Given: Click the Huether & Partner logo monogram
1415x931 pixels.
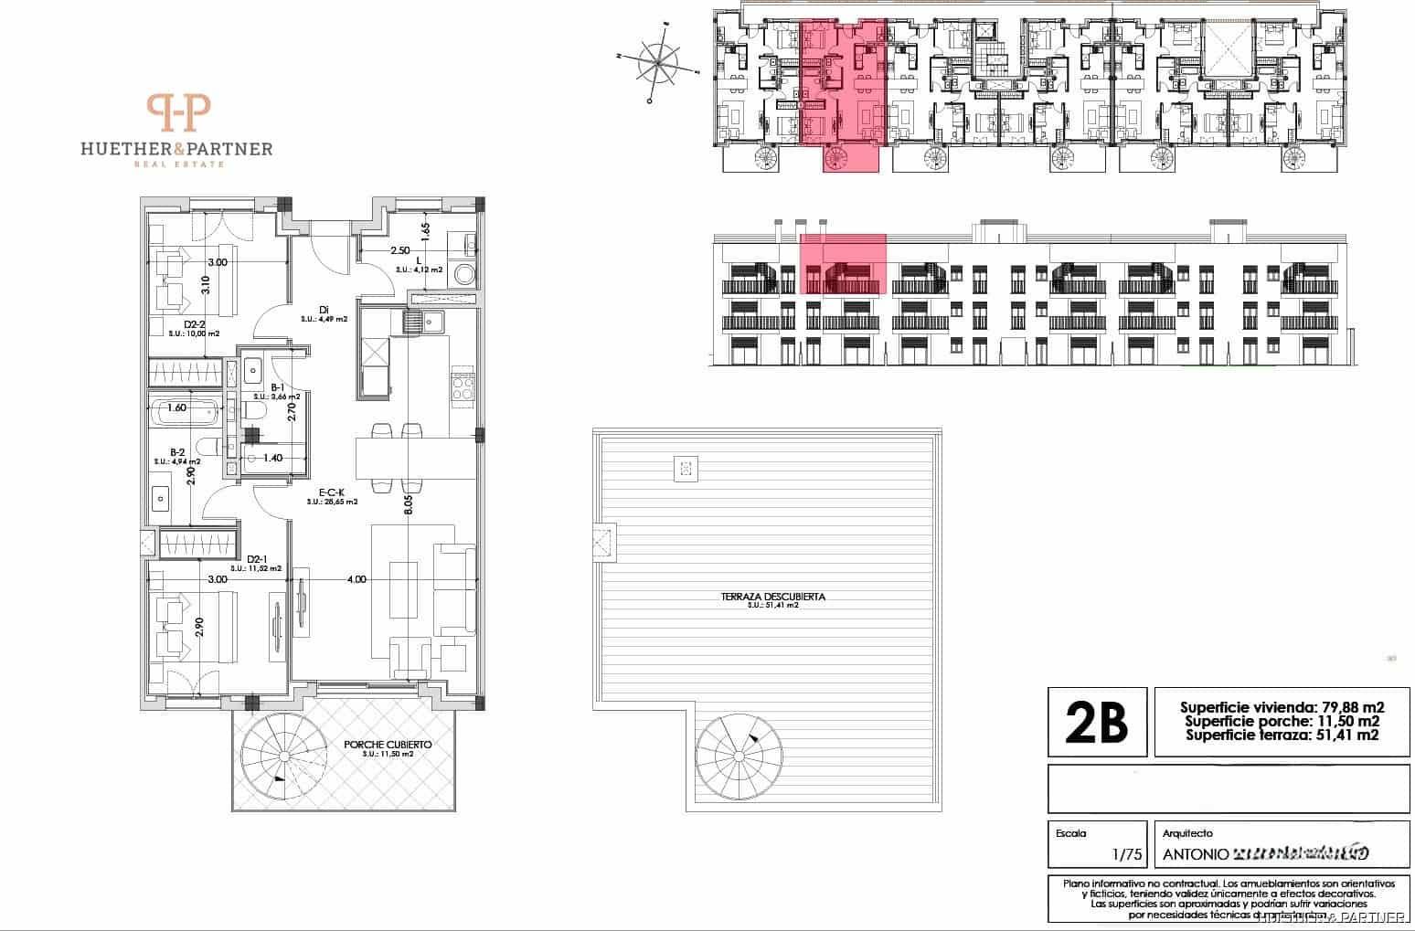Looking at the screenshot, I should [180, 111].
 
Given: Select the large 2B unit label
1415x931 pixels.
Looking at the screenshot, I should [1097, 722].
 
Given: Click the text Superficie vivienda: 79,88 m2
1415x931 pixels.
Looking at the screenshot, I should [1282, 707].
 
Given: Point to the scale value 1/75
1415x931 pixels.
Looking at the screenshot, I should [1127, 854].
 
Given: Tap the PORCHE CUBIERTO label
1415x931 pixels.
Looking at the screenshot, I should [388, 745].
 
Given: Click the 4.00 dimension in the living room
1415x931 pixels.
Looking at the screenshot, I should [356, 579].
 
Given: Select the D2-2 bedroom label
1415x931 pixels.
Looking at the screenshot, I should [194, 323].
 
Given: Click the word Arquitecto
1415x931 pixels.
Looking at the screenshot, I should [1187, 833].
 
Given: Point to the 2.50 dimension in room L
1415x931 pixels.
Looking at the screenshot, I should [399, 250].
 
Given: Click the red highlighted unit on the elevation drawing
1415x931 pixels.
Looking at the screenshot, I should [842, 264].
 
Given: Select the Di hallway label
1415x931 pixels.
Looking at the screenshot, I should [324, 309].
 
